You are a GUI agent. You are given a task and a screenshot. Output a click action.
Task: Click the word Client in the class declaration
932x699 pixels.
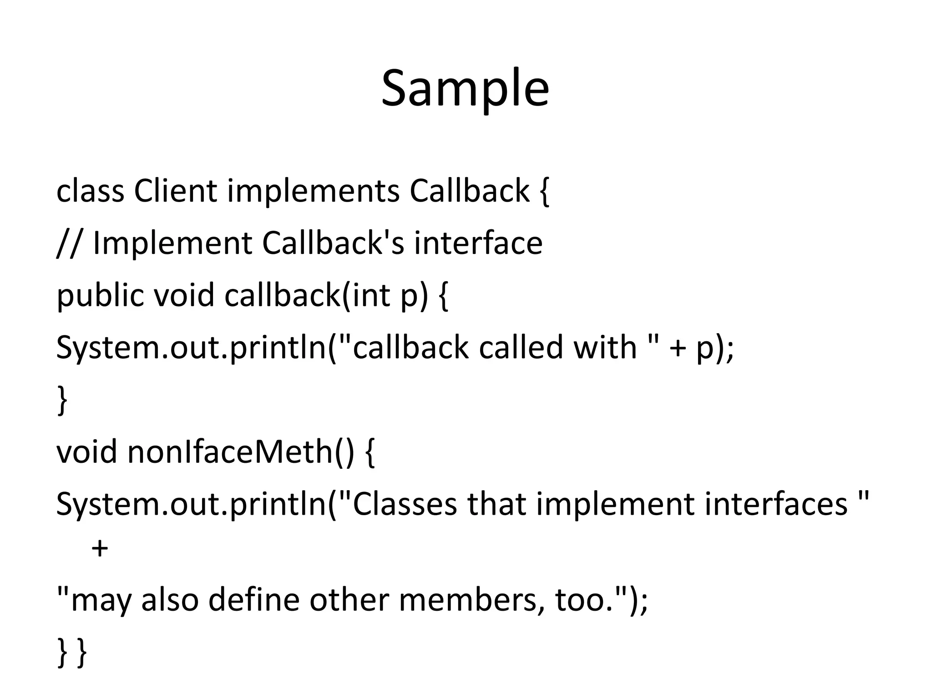click(x=175, y=191)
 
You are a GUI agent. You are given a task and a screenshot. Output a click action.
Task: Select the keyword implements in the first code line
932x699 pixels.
click(x=314, y=191)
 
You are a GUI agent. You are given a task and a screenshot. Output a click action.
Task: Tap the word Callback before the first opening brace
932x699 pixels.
click(x=469, y=191)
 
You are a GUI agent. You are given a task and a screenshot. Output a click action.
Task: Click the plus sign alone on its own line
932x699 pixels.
click(x=100, y=548)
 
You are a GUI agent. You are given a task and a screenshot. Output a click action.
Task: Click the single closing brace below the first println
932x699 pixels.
click(x=62, y=400)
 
